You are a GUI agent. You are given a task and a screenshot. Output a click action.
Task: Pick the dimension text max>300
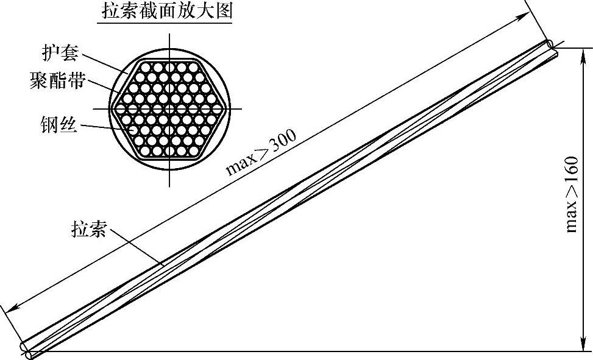point(261,152)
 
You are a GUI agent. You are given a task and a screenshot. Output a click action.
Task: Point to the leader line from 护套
point(104,63)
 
